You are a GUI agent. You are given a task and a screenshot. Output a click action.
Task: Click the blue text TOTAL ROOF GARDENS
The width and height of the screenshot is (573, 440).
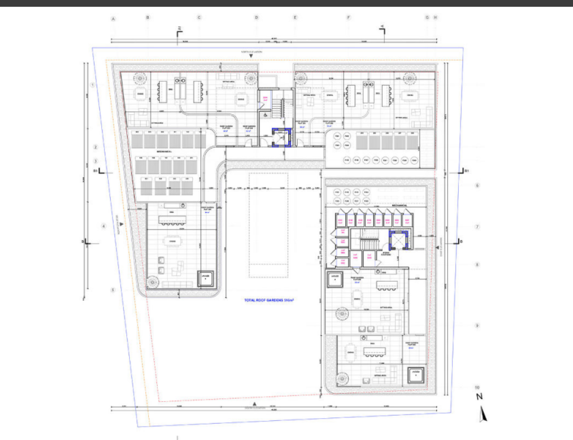point(269,301)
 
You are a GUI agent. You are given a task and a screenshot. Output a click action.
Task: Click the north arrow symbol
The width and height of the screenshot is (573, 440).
point(483,414)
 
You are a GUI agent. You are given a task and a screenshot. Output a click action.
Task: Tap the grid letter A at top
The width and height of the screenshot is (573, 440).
point(114,18)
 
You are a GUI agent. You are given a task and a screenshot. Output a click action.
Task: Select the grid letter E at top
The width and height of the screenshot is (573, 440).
point(295,18)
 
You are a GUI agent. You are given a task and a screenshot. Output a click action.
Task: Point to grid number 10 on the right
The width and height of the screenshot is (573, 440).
point(477,387)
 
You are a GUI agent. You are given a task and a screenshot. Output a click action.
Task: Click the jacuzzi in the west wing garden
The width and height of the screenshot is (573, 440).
point(206,278)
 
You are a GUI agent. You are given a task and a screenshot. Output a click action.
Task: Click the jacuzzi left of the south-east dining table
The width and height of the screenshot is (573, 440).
point(335,278)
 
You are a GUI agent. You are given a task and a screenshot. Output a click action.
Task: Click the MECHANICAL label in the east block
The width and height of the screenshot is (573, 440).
point(399,206)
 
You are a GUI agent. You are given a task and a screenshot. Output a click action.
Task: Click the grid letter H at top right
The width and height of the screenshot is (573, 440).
point(435,18)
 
